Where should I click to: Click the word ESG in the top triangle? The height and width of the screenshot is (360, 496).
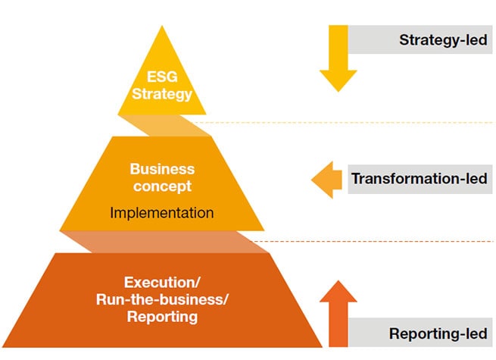pyautogui.click(x=161, y=77)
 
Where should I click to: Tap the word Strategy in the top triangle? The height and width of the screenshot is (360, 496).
pyautogui.click(x=161, y=95)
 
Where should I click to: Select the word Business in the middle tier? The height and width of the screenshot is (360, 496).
pyautogui.click(x=162, y=169)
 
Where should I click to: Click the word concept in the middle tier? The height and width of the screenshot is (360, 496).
pyautogui.click(x=162, y=186)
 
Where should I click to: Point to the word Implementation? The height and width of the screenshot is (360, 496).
pyautogui.click(x=162, y=213)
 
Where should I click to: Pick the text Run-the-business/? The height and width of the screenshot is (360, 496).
pyautogui.click(x=162, y=299)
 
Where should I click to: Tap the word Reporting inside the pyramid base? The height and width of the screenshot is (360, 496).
pyautogui.click(x=162, y=316)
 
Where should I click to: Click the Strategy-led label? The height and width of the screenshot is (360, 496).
pyautogui.click(x=443, y=40)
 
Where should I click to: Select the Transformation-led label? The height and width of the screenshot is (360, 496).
pyautogui.click(x=419, y=180)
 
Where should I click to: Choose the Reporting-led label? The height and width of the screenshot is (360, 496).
pyautogui.click(x=438, y=333)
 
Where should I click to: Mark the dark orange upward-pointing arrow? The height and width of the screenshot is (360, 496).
pyautogui.click(x=338, y=312)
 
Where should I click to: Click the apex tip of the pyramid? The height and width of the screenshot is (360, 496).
pyautogui.click(x=161, y=29)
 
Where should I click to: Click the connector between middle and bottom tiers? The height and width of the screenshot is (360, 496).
pyautogui.click(x=162, y=242)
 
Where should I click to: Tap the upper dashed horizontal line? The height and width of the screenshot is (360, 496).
pyautogui.click(x=341, y=123)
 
